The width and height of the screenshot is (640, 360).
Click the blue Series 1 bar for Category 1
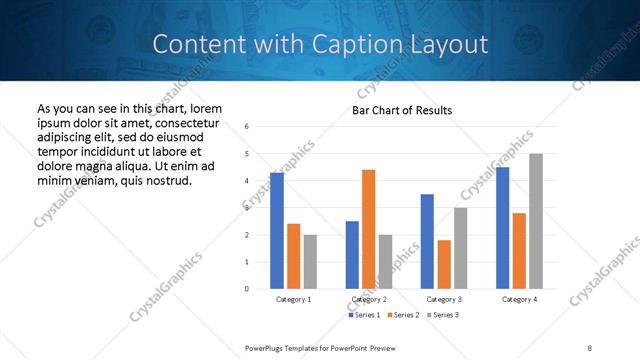[277, 231]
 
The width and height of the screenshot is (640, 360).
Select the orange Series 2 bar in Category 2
[368, 229]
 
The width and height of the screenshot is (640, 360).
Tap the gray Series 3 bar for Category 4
[536, 221]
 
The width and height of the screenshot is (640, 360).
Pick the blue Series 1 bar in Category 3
[427, 241]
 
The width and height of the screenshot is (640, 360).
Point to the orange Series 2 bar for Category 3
[444, 264]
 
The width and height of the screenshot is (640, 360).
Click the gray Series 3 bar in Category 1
[310, 262]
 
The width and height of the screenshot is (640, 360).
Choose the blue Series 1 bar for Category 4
[502, 228]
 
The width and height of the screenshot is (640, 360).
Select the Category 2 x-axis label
[368, 299]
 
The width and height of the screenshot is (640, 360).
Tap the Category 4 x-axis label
[519, 299]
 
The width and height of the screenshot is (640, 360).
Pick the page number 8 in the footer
[589, 347]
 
